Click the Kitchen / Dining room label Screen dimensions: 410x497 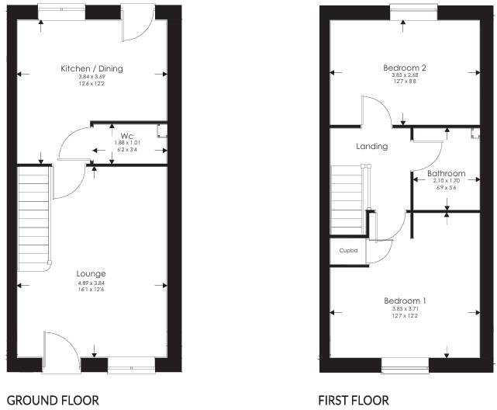point(91,68)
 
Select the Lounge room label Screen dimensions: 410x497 point(91,273)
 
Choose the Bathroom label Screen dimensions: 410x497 point(446,173)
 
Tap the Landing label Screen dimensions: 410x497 point(371,146)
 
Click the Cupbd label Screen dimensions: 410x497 point(347,251)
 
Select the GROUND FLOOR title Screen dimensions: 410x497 point(52,401)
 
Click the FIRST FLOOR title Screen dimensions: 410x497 point(354,401)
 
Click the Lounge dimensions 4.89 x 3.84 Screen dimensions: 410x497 point(91,284)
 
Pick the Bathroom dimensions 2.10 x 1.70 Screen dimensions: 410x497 point(446,182)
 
